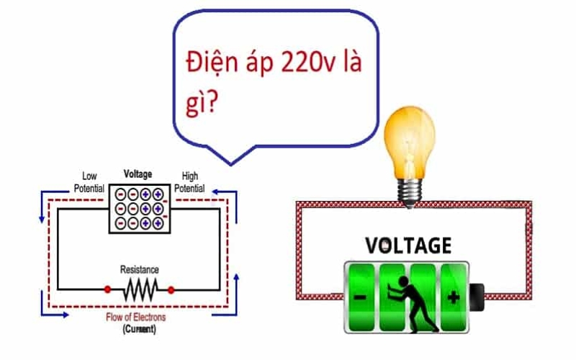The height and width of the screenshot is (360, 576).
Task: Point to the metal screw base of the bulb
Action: point(410,191)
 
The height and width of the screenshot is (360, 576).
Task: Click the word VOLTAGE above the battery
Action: point(408,246)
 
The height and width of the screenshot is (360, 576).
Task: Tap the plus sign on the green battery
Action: point(453,297)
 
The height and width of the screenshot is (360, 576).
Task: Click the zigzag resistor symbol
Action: point(140,289)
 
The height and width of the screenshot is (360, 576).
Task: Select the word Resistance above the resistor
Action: point(140,269)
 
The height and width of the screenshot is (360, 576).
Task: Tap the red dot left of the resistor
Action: point(108,289)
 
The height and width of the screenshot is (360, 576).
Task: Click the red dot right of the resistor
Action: point(171,289)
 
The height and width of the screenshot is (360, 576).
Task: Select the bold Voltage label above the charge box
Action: point(138,174)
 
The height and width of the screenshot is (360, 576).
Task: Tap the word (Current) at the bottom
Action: point(138,330)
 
